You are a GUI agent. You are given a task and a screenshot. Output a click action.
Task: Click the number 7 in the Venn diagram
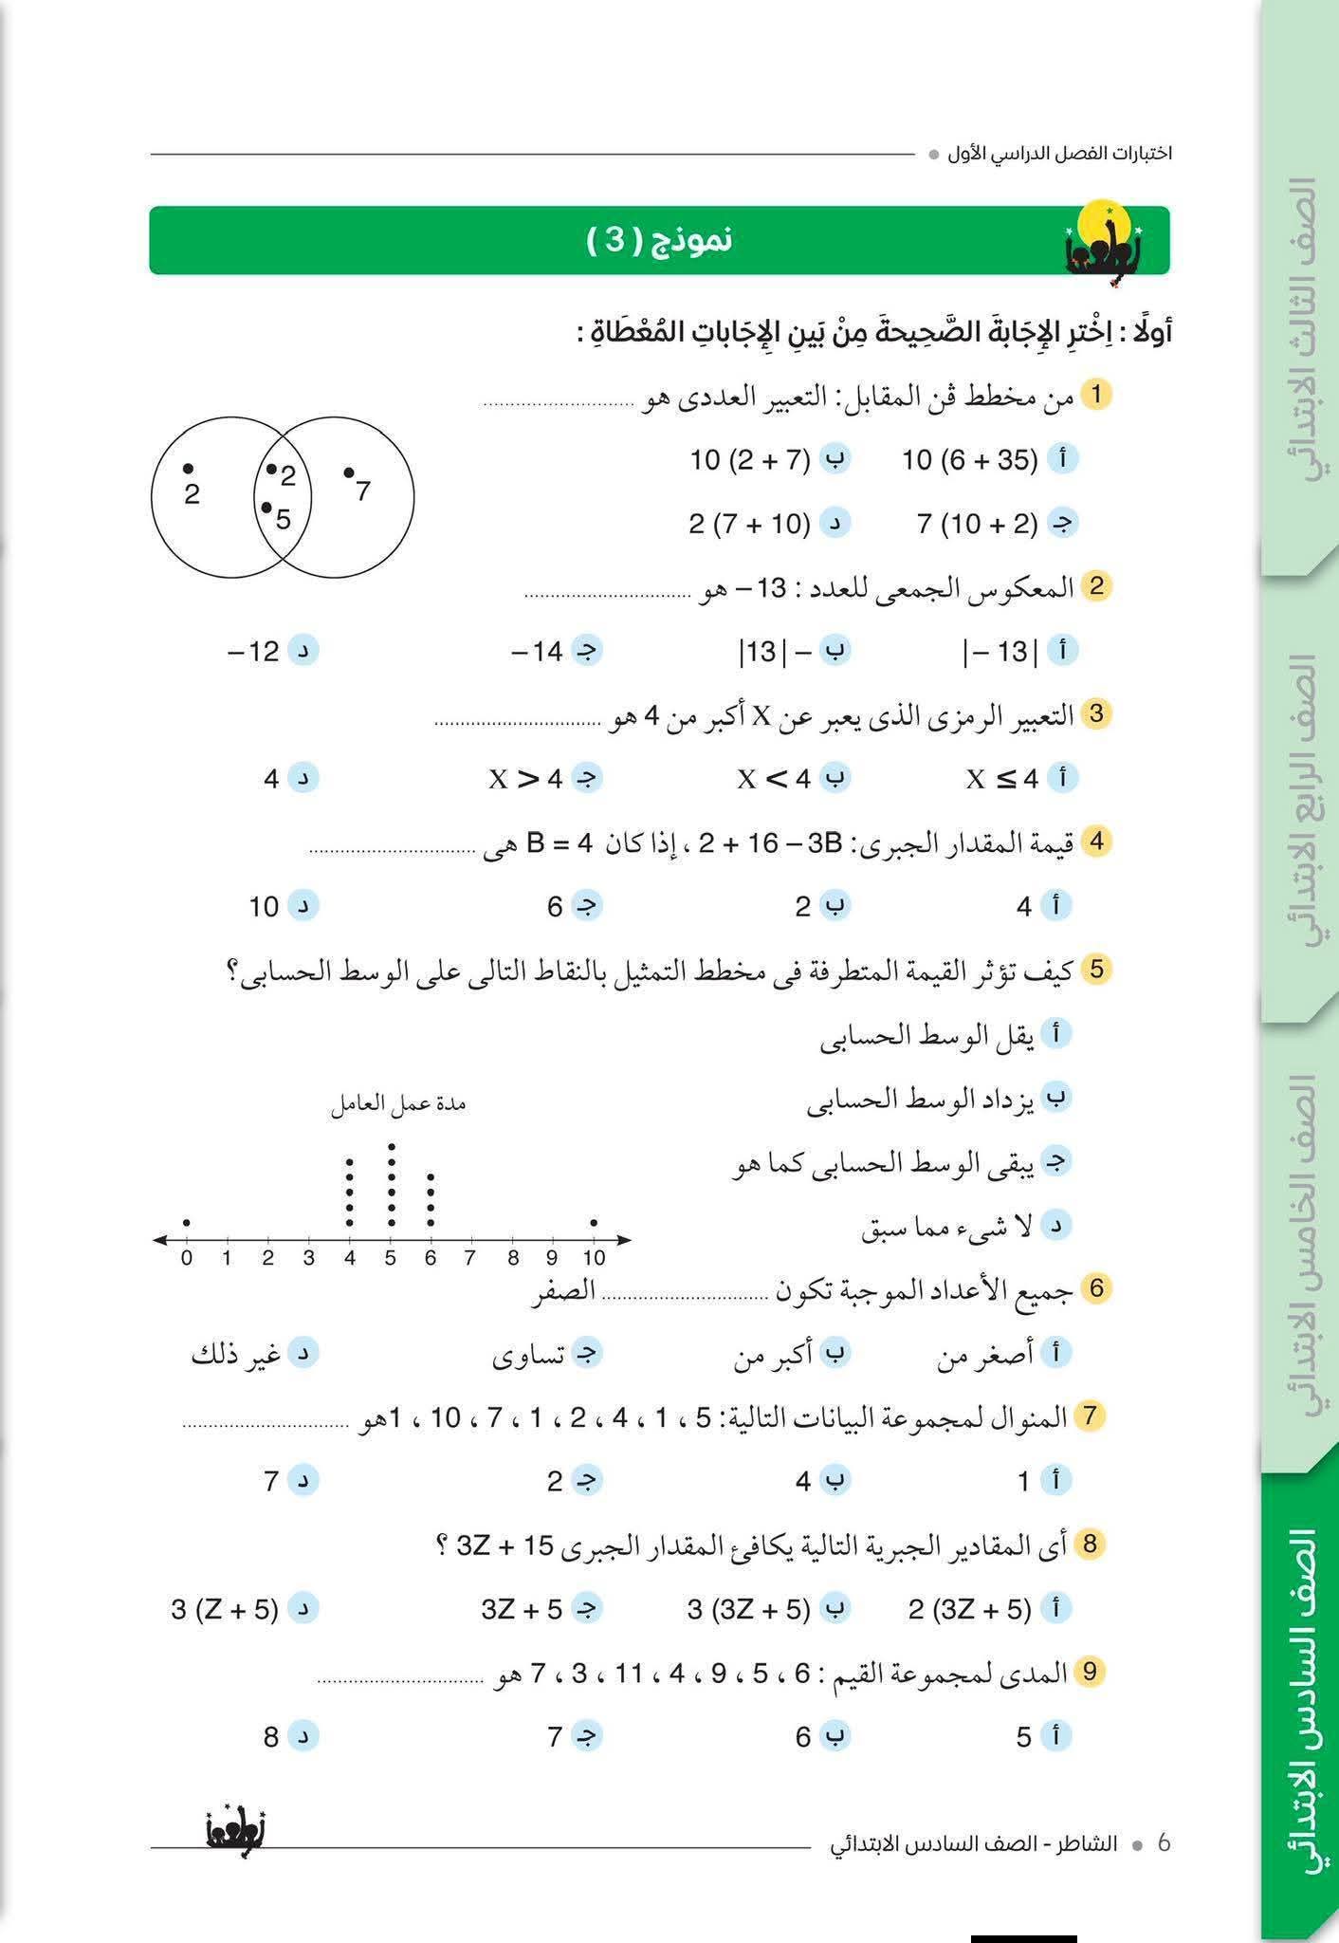(x=362, y=490)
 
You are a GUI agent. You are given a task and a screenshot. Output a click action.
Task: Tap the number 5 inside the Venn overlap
(x=283, y=519)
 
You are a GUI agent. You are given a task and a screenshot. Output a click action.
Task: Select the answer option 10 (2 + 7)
(x=750, y=460)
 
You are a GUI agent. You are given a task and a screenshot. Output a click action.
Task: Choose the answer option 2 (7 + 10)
(x=750, y=524)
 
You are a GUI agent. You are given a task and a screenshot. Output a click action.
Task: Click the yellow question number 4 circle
(x=1097, y=841)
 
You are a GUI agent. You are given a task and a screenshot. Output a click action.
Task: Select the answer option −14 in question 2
(x=538, y=652)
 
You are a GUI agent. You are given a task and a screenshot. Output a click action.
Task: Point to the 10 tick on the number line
(x=594, y=1258)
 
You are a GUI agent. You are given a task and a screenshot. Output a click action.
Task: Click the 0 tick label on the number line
(x=187, y=1258)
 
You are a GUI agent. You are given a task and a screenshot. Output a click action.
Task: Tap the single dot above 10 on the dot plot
(x=594, y=1223)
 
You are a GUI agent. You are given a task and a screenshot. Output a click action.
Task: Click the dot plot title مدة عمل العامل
(x=398, y=1104)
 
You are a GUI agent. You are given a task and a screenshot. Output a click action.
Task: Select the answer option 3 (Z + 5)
(x=226, y=1610)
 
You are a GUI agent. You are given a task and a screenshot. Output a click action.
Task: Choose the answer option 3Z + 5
(x=523, y=1610)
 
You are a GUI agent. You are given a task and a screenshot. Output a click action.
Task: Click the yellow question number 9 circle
(x=1090, y=1672)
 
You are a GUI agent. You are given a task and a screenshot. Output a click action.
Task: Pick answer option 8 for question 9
(x=272, y=1737)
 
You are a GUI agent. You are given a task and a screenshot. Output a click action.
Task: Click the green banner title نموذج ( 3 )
(x=659, y=240)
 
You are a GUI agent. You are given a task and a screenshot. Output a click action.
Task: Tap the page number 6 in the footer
(x=1165, y=1842)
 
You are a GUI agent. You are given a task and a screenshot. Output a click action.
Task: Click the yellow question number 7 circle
(x=1090, y=1416)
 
